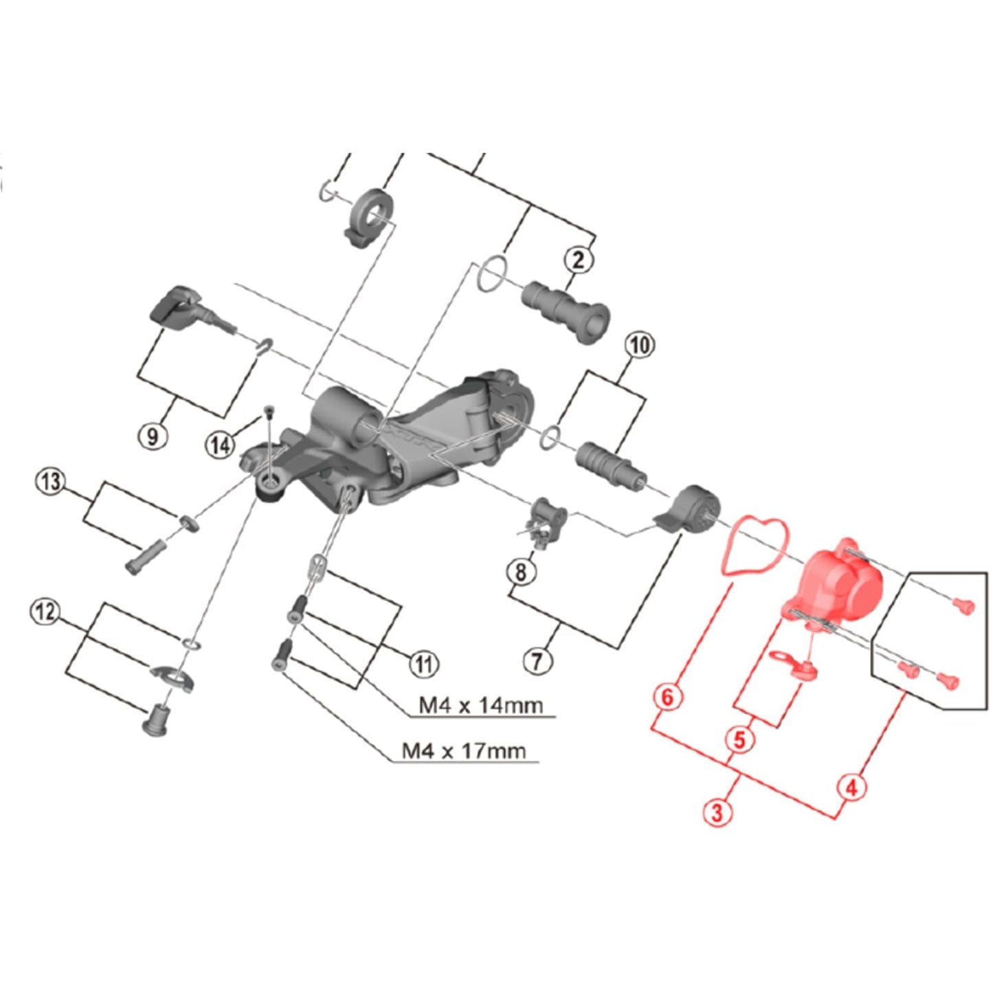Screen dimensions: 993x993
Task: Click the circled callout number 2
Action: [x=578, y=260]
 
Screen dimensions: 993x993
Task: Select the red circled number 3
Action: [x=717, y=812]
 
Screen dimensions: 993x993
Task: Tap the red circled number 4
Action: [x=851, y=787]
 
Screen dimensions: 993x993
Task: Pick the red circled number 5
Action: [x=739, y=740]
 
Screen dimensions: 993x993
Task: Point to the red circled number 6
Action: [x=667, y=697]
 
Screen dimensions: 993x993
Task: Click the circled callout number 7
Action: [x=537, y=661]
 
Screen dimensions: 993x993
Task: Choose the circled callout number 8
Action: [x=520, y=571]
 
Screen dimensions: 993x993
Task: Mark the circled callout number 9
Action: [x=152, y=435]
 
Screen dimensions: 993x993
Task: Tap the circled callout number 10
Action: [x=639, y=344]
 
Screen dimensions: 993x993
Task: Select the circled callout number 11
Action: [x=424, y=664]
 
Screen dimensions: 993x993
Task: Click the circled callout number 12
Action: [x=45, y=611]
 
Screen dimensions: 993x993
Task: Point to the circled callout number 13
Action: [x=51, y=481]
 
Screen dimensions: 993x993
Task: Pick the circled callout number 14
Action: [x=220, y=445]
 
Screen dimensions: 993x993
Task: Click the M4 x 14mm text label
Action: [x=480, y=705]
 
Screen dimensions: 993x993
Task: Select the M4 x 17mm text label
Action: [x=464, y=750]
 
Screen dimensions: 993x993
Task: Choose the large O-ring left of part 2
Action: [x=493, y=274]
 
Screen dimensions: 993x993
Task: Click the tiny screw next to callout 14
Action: [x=269, y=412]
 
